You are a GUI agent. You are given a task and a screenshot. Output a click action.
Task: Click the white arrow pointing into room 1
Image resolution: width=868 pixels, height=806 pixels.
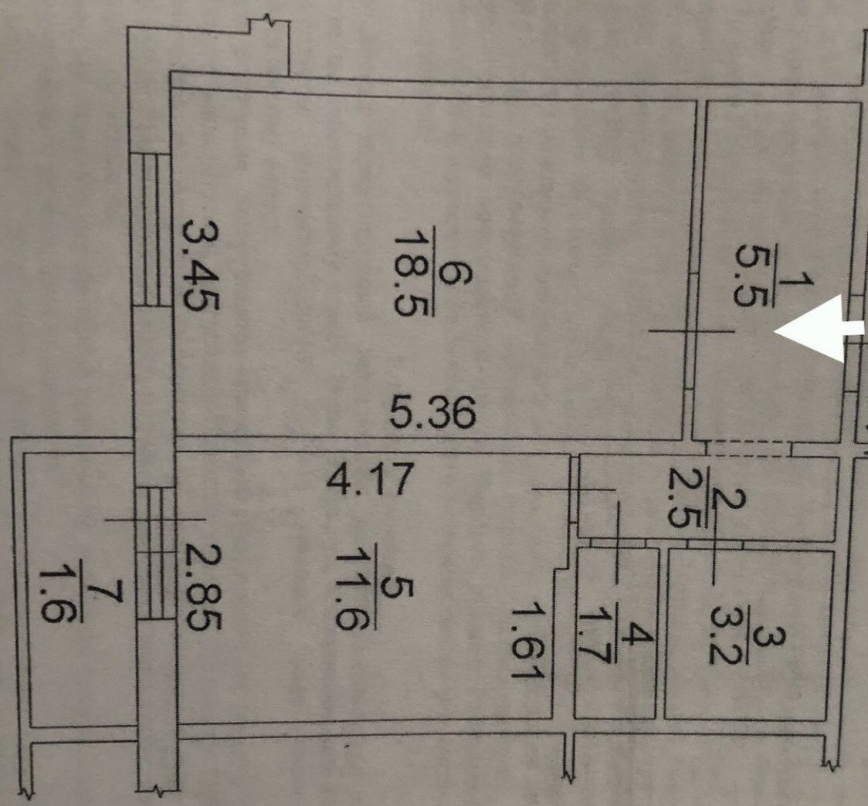click(819, 331)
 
